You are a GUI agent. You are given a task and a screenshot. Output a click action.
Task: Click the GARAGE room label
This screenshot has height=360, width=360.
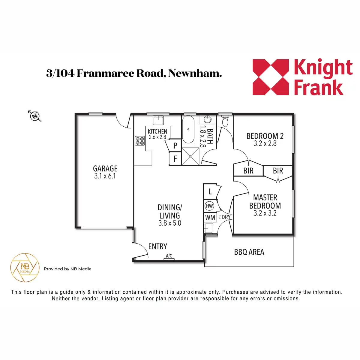(105, 169)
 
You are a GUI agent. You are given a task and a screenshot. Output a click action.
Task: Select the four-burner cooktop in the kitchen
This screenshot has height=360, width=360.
(140, 141)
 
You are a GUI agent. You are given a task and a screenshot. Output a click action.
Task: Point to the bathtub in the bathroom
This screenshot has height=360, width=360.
(188, 129)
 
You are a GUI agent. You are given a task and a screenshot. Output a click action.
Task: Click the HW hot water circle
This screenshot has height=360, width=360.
(209, 206)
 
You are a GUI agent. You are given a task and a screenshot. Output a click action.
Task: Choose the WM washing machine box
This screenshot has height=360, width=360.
(210, 217)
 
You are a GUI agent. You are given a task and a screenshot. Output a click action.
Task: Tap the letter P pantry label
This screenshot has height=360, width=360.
(175, 145)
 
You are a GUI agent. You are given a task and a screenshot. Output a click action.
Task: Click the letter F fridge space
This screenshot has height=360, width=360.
(175, 159)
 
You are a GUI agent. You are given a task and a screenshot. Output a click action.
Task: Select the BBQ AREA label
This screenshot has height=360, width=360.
(249, 252)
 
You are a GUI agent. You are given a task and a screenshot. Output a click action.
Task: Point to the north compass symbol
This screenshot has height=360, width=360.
(35, 116)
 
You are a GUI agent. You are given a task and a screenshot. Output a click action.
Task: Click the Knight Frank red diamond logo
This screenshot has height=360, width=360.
(271, 77)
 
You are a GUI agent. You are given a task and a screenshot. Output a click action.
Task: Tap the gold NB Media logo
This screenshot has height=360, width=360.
(25, 268)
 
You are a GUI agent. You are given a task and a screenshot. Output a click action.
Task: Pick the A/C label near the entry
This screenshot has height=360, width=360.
(169, 256)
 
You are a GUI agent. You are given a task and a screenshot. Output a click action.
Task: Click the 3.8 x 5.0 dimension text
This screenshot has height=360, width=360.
(170, 223)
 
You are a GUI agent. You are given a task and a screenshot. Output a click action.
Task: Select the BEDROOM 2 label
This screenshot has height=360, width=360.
(265, 136)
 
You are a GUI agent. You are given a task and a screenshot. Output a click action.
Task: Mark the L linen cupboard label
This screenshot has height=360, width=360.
(210, 192)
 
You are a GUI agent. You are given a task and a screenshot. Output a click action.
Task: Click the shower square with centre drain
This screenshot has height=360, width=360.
(190, 156)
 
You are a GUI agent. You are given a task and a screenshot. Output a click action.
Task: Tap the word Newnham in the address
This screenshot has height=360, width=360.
(195, 73)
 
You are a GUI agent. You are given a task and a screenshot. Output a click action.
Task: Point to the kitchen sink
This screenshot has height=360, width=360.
(158, 120)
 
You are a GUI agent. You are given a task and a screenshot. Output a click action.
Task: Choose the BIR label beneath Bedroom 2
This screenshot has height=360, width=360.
(248, 171)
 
